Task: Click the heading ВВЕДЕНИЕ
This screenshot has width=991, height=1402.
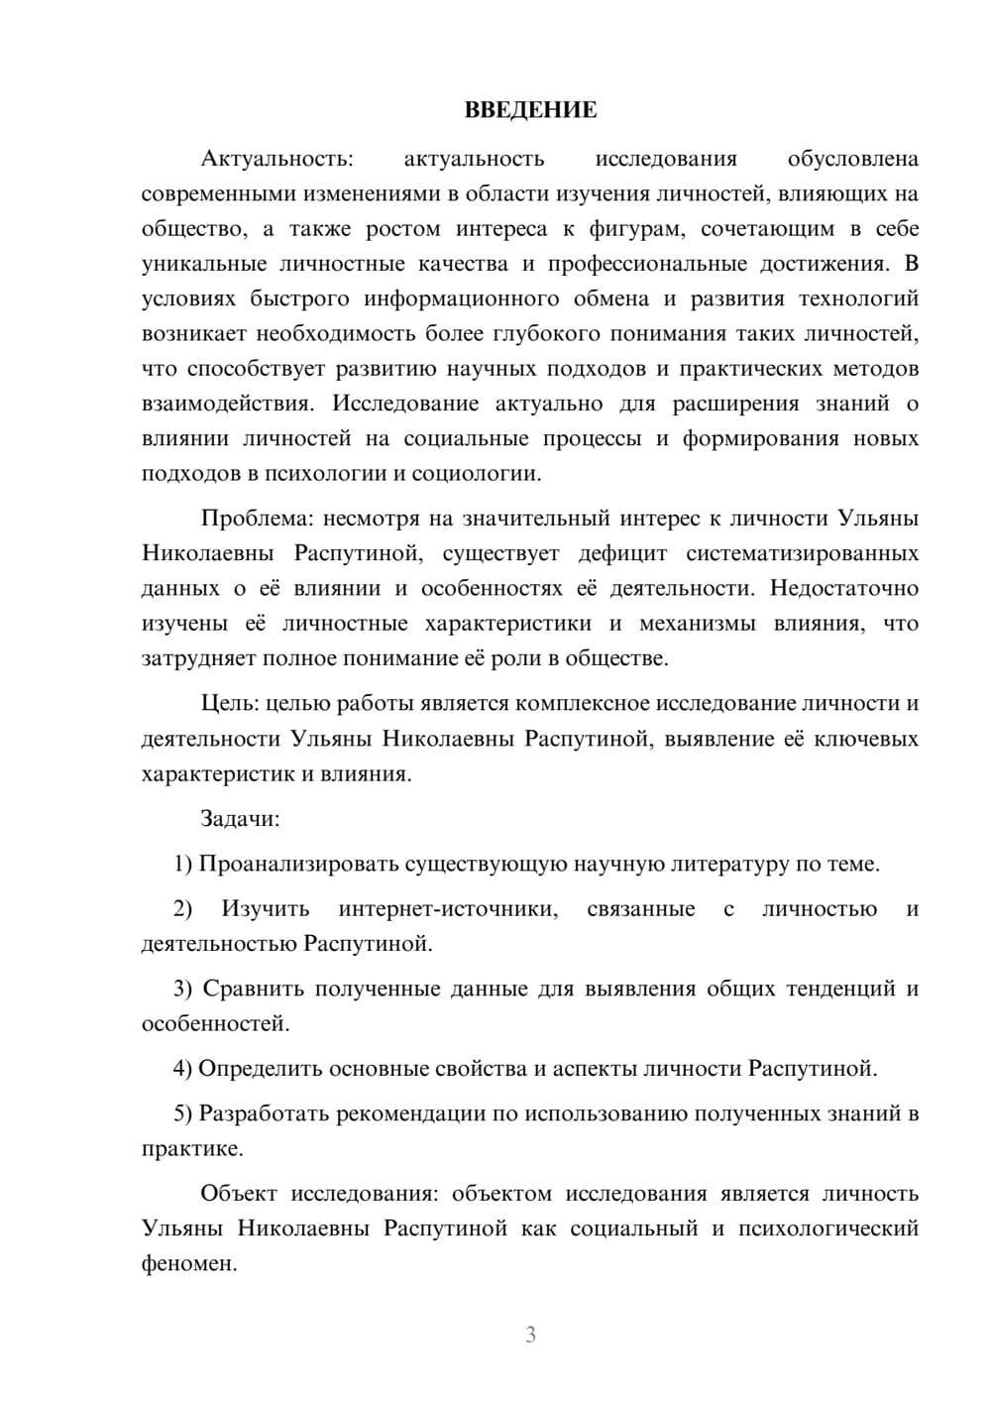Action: tap(530, 110)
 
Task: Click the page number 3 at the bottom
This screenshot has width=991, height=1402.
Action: tap(530, 1335)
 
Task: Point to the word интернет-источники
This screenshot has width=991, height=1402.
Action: tap(447, 908)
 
